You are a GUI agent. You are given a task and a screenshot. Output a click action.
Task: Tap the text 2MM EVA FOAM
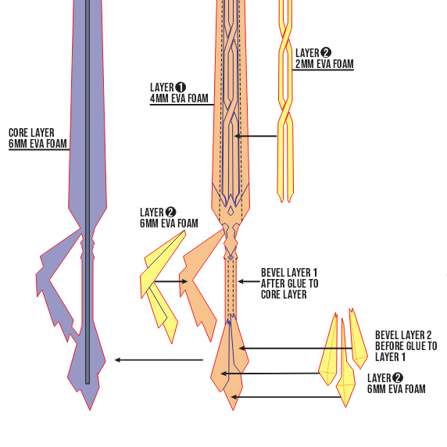pos(324,64)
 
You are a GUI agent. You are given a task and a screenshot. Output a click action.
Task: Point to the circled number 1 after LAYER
pos(181,87)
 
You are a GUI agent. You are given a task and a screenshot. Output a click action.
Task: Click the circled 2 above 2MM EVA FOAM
pos(326,52)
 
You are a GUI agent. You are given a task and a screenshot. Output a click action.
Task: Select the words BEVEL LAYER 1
pos(288,274)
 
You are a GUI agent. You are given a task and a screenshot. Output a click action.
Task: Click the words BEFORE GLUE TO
pos(406,346)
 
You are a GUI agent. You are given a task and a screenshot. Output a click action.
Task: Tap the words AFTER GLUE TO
pos(289,284)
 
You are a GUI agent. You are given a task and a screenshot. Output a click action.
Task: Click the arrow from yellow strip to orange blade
pos(256,137)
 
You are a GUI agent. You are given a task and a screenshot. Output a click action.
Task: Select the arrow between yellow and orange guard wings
pos(170,281)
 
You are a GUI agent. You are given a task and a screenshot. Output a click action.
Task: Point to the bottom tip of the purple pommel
pos(90,408)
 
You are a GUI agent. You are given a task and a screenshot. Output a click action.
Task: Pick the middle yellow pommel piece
pos(343,367)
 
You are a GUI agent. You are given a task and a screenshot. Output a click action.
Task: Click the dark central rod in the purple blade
pos(87,156)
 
